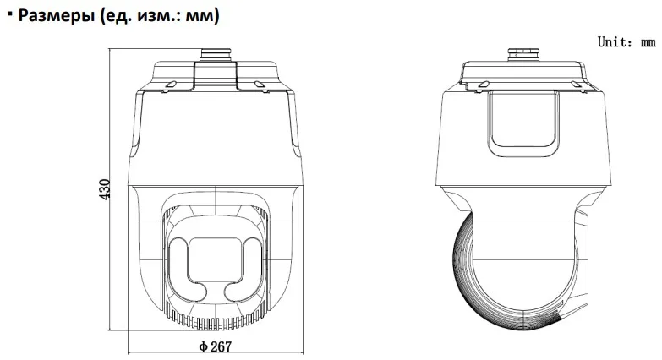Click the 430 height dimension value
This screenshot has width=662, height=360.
104,190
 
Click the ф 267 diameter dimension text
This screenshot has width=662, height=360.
216,346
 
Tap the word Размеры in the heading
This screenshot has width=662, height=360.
56,15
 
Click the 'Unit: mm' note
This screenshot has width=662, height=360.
626,42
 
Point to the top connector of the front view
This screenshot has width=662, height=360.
216,55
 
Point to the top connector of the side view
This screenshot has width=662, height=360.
523,55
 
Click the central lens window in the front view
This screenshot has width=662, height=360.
216,259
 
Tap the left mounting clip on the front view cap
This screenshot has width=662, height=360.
168,85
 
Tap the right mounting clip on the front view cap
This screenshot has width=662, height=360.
260,85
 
